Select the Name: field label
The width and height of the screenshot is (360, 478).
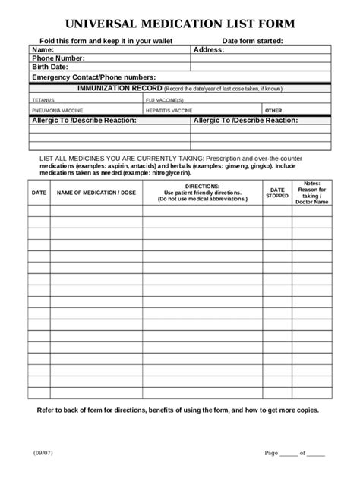click(x=44, y=49)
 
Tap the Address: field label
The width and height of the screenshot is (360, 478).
click(x=209, y=49)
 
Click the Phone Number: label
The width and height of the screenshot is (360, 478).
click(x=58, y=58)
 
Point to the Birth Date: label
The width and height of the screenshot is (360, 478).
click(x=50, y=68)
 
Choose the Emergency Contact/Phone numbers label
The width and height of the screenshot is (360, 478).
click(x=93, y=77)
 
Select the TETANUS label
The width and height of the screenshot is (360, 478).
click(x=43, y=99)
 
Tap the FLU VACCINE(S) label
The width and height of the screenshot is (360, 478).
click(x=165, y=99)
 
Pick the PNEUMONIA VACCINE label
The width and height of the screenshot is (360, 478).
click(x=57, y=110)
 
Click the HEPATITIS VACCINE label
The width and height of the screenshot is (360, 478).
click(x=169, y=110)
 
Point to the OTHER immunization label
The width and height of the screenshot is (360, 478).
click(x=273, y=110)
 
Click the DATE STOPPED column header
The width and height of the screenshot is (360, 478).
click(x=277, y=193)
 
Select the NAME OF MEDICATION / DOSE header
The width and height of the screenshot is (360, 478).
click(x=96, y=193)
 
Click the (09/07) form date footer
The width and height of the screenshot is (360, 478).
click(x=43, y=453)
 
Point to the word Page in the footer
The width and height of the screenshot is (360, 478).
click(x=271, y=453)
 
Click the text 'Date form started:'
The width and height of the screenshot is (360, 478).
click(x=253, y=40)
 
